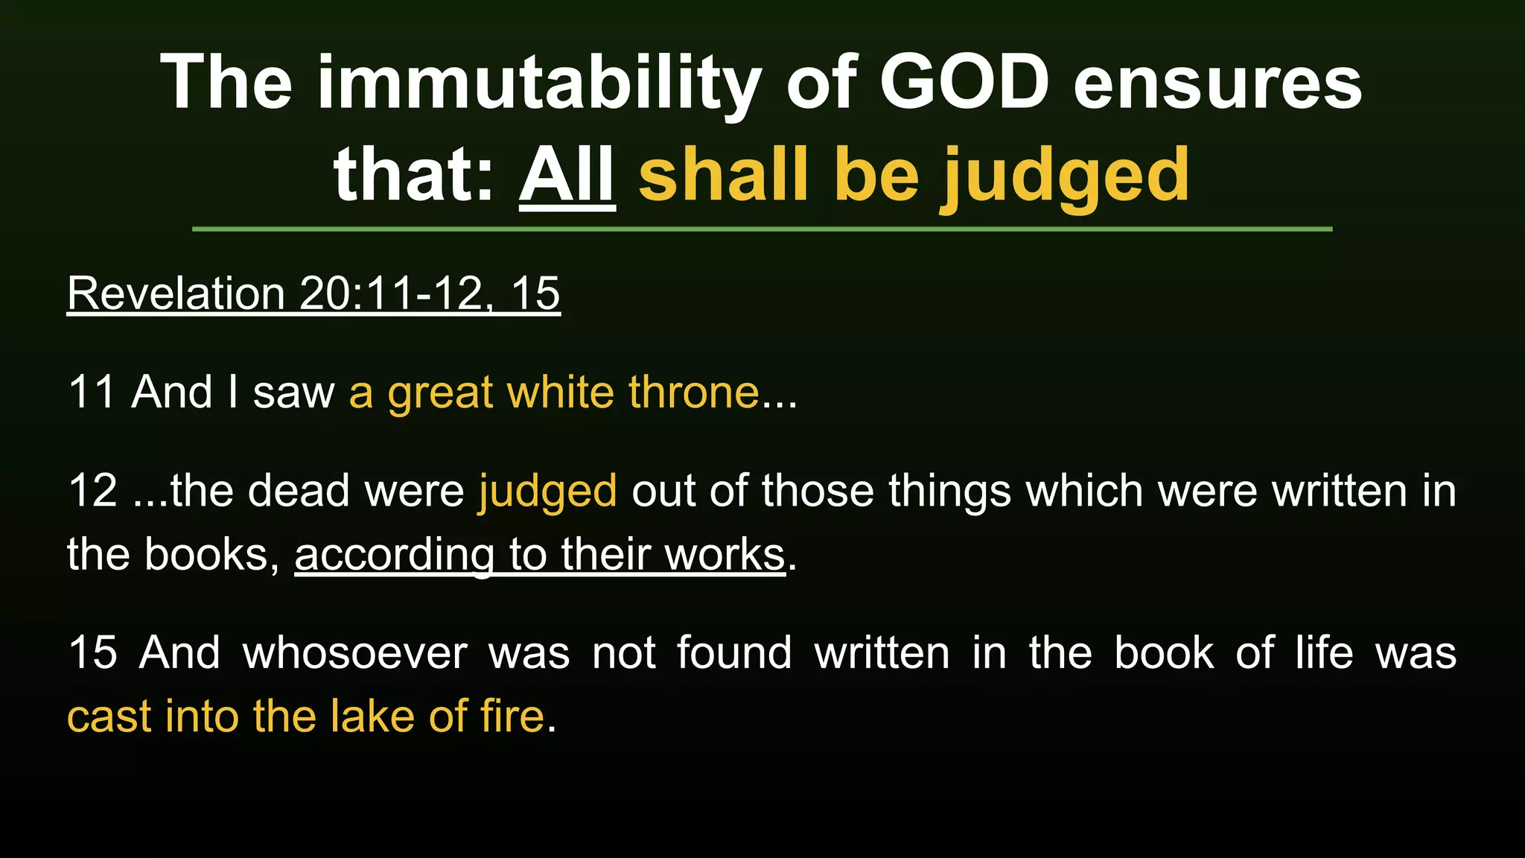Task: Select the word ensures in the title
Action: [1217, 83]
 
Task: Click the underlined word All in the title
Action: [567, 175]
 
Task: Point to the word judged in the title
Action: [1066, 177]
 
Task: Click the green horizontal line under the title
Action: [762, 229]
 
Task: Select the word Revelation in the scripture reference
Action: [176, 293]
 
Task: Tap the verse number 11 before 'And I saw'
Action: [91, 392]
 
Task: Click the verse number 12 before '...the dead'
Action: [92, 491]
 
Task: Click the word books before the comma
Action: [206, 555]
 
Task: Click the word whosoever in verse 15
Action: [355, 653]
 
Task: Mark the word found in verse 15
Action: [734, 653]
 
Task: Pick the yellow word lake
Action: [372, 716]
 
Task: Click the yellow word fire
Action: [512, 716]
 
